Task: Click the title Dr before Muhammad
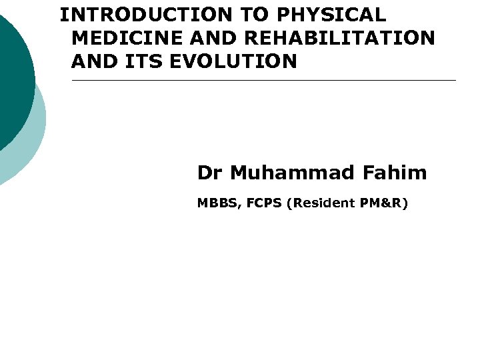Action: tap(209, 173)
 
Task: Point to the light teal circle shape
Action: tap(37, 140)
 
